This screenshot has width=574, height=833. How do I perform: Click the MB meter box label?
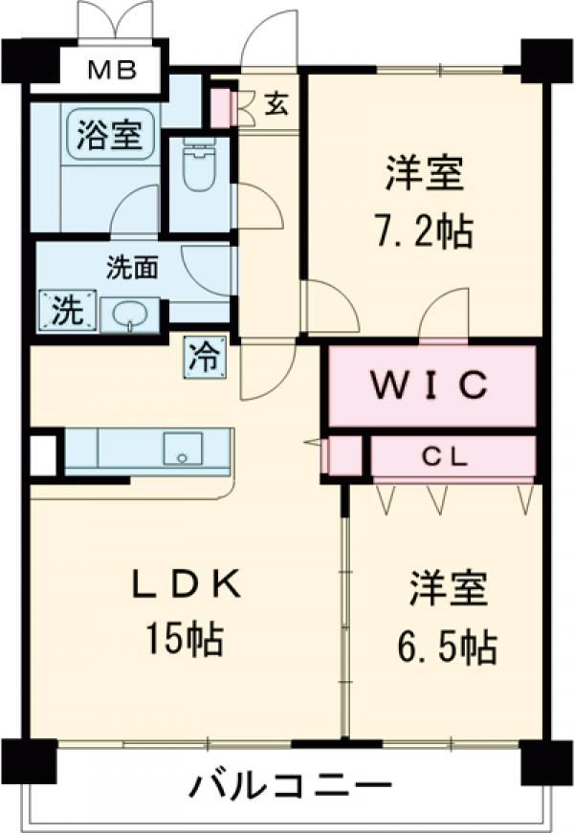tap(112, 70)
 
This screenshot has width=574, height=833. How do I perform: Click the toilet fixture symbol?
tap(198, 164)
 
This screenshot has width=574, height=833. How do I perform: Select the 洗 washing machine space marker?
tap(68, 310)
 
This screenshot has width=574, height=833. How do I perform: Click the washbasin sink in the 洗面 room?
tap(130, 315)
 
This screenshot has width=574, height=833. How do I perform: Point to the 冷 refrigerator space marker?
tap(206, 357)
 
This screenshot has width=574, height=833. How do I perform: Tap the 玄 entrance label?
tap(276, 103)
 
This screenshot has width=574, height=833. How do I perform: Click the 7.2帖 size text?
tap(424, 231)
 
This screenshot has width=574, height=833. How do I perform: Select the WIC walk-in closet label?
tap(430, 384)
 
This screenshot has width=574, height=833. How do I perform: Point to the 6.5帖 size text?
tap(447, 647)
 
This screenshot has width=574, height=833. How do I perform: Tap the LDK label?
tap(186, 584)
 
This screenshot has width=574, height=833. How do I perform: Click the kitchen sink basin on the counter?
tap(183, 449)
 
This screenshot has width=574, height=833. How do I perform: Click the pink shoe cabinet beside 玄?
tap(221, 109)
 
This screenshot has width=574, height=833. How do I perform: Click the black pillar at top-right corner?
tap(546, 60)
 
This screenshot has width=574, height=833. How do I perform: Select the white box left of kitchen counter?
tap(43, 455)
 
